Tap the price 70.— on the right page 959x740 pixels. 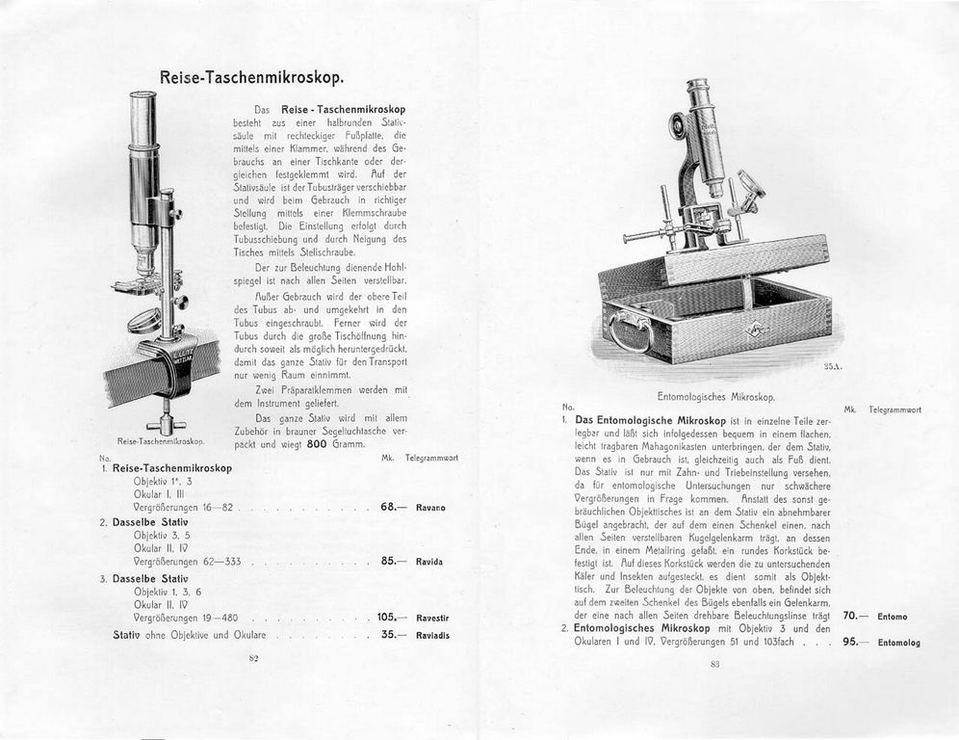click(x=855, y=616)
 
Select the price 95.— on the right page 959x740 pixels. click(x=855, y=642)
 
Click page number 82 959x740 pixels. click(x=254, y=659)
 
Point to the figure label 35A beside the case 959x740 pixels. click(x=833, y=367)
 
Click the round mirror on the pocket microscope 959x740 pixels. click(x=145, y=321)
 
